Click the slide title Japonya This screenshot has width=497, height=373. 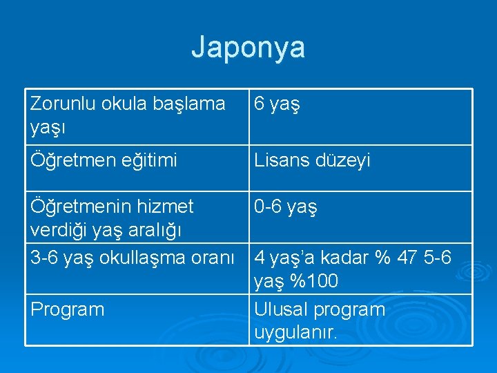coord(248,48)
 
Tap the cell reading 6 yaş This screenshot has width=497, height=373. coord(277,105)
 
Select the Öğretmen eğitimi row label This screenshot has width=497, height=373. coord(104,161)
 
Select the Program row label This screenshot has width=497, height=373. coord(67,309)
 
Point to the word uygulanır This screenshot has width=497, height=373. coord(295,333)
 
